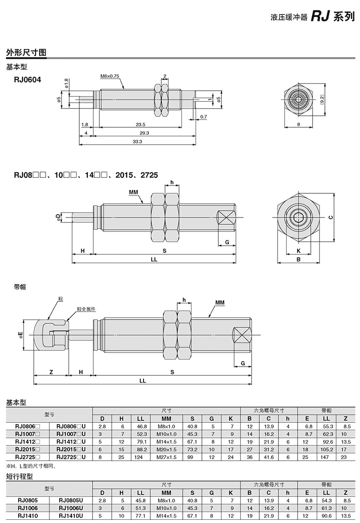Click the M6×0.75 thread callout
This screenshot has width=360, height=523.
[x=109, y=76]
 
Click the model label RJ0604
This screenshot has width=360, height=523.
[x=27, y=79]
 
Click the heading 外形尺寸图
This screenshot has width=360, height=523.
[x=26, y=52]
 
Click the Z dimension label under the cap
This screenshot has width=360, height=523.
[x=51, y=372]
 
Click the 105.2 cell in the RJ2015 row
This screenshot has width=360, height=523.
[x=326, y=449]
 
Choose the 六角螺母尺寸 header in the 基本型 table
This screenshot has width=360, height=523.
[x=269, y=410]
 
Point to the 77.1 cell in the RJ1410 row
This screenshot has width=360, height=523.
[x=140, y=516]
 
